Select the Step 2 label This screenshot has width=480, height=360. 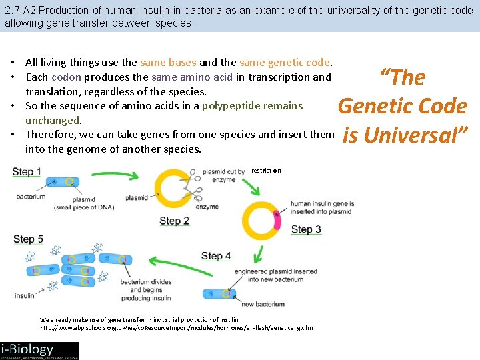[175, 221]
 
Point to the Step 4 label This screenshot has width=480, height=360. [215, 255]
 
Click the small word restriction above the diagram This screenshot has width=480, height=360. [266, 171]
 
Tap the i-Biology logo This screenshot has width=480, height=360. [39, 351]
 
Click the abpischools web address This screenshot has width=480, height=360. [177, 328]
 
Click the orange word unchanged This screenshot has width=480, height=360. [53, 120]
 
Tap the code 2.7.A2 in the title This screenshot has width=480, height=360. [21, 11]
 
